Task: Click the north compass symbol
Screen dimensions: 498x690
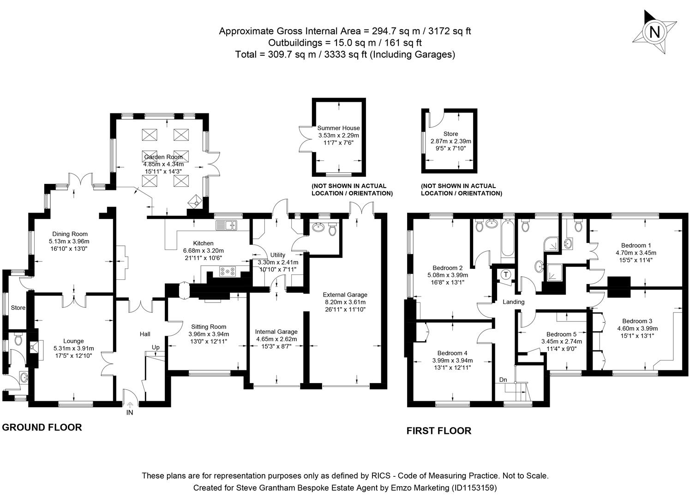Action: tap(654, 32)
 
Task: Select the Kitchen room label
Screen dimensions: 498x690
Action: tap(203, 243)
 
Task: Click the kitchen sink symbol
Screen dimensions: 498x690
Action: tap(226, 225)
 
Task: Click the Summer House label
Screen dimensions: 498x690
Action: tap(338, 128)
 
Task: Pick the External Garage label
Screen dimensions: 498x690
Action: tap(345, 295)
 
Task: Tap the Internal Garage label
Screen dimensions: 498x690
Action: tap(276, 332)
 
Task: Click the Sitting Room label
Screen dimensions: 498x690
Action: tap(209, 327)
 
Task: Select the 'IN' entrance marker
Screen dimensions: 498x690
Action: tap(130, 413)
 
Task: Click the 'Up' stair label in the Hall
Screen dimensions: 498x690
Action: tap(156, 347)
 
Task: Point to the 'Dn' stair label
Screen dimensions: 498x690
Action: tap(503, 380)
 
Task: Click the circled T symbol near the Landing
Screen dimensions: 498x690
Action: tap(506, 275)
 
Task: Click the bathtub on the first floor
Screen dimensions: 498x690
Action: tap(507, 238)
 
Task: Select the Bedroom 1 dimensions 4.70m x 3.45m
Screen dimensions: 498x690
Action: tap(636, 253)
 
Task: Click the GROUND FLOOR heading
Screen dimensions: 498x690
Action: tap(42, 427)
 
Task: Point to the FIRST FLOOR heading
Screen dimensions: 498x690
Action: tap(438, 431)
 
